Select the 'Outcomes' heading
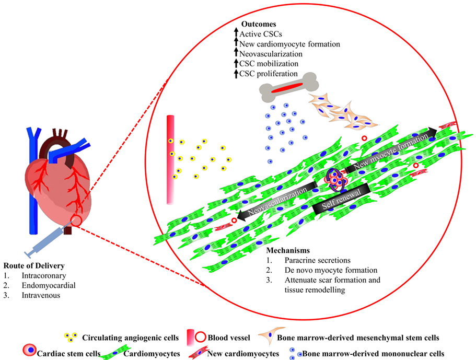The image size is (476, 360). pos(259,25)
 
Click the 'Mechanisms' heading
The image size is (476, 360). pos(289,251)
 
